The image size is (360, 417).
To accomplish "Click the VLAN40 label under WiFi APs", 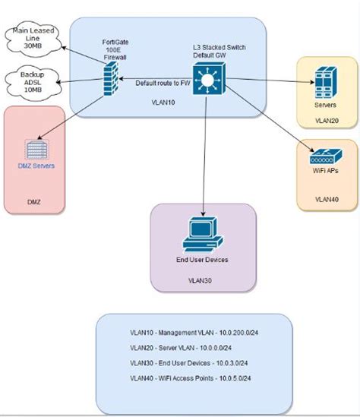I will click(x=326, y=199).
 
